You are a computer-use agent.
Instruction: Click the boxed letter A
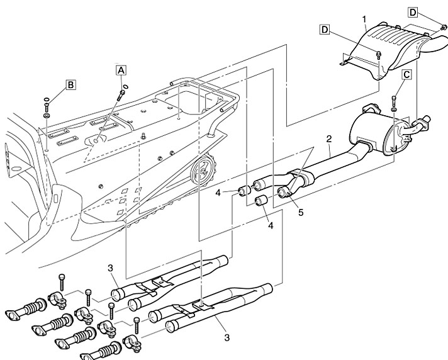pyautogui.click(x=120, y=70)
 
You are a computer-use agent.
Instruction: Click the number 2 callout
pyautogui.click(x=328, y=137)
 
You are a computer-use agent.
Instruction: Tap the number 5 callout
pyautogui.click(x=301, y=212)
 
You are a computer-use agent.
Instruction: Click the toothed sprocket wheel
pyautogui.click(x=203, y=168)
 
